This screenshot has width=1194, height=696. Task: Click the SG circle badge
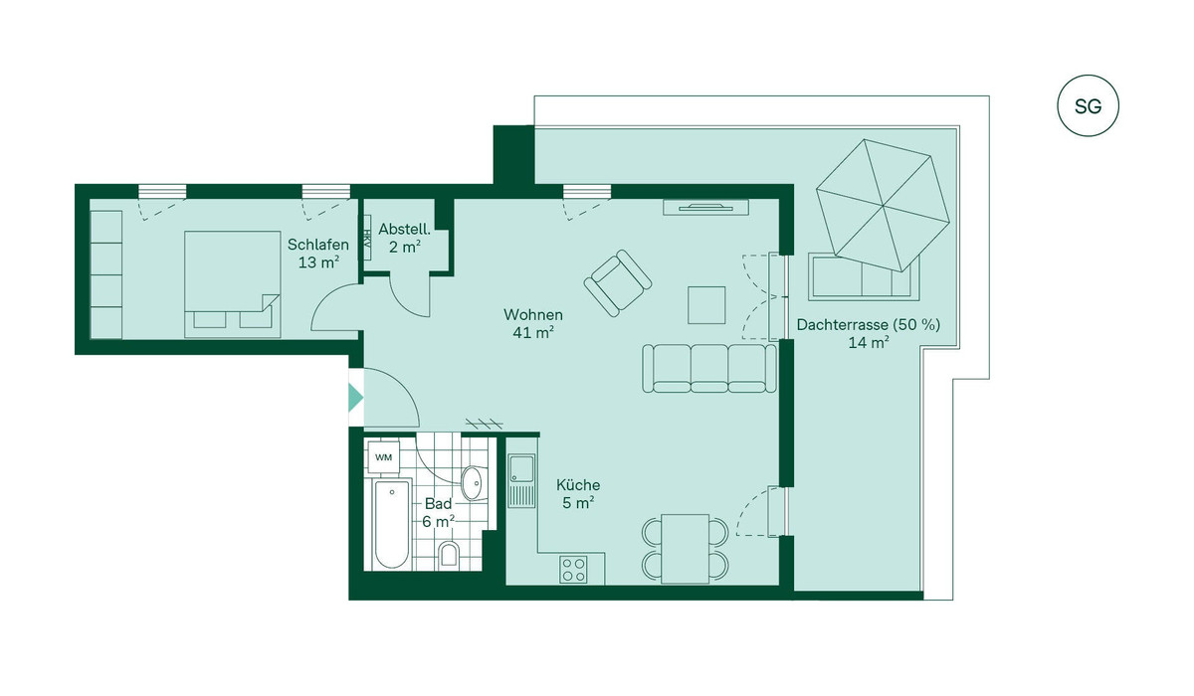tap(1088, 106)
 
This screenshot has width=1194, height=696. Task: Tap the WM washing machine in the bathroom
tap(384, 457)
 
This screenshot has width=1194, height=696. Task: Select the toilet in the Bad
tap(450, 554)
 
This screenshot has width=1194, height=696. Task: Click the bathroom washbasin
tap(474, 483)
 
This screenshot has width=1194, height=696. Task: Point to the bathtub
tap(392, 524)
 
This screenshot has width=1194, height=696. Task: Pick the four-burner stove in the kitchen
tap(573, 570)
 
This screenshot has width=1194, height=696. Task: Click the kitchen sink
tap(521, 480)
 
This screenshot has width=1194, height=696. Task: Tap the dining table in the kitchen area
tap(685, 549)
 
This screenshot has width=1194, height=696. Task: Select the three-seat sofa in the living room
tap(708, 369)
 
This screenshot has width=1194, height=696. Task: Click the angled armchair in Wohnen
tap(618, 283)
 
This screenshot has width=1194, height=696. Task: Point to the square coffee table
tap(706, 305)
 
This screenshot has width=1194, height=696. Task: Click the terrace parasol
tap(883, 205)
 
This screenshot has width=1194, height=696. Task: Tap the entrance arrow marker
tap(355, 398)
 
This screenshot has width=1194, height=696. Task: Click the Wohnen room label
tap(533, 315)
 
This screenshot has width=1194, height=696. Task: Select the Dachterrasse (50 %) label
tap(869, 325)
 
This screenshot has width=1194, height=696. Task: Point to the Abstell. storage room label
tap(404, 230)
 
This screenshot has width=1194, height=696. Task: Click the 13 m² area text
tap(318, 262)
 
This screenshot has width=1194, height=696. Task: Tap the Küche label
tap(578, 484)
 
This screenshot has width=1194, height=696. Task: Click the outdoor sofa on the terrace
tap(864, 276)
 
